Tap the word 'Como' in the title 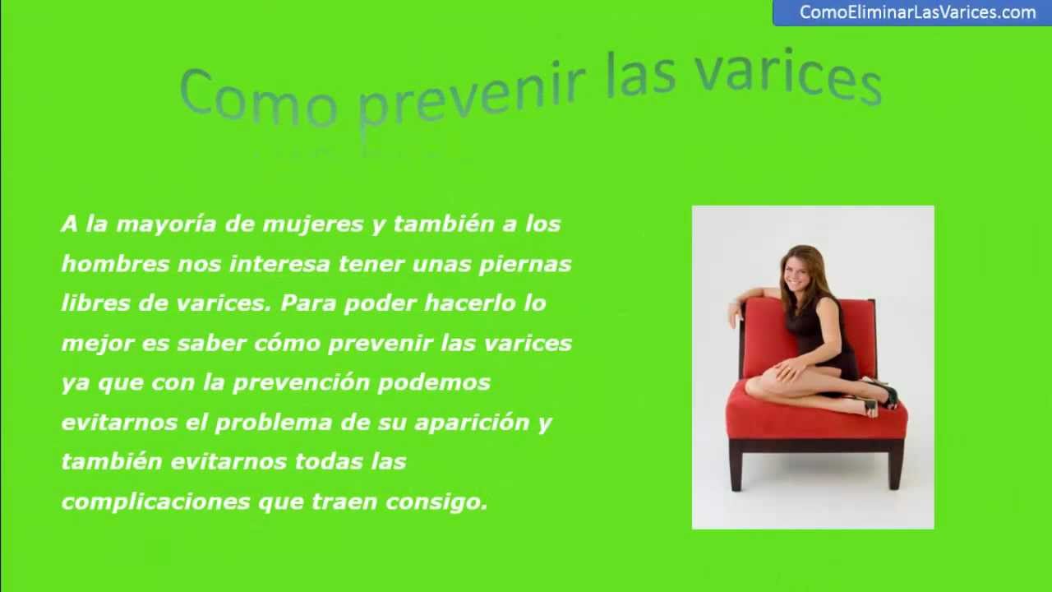(258, 97)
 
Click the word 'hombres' (115, 264)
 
